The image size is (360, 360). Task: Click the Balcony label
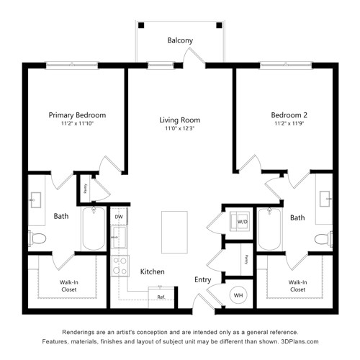coord(180,40)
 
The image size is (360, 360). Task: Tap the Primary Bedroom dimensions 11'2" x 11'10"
coord(77,124)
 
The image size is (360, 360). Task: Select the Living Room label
coord(180,120)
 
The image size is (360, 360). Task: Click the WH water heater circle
coord(238,295)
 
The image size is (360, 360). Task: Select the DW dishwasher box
coord(119,217)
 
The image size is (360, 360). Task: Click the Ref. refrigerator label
coord(161,297)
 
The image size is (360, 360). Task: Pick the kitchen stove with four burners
coord(120,266)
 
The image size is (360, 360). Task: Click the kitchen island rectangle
coord(174,232)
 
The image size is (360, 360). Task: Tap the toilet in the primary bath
coord(37,238)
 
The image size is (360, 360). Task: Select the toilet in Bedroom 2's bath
coord(323,239)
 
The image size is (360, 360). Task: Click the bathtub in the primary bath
coord(94,229)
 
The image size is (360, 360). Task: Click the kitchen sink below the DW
coord(120,237)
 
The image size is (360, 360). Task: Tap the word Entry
coord(203,280)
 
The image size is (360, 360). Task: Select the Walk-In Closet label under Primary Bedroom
coord(69,286)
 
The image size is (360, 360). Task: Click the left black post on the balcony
coord(141,25)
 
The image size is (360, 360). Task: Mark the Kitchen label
coord(153,271)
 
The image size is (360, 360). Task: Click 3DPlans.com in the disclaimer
coord(300,341)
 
